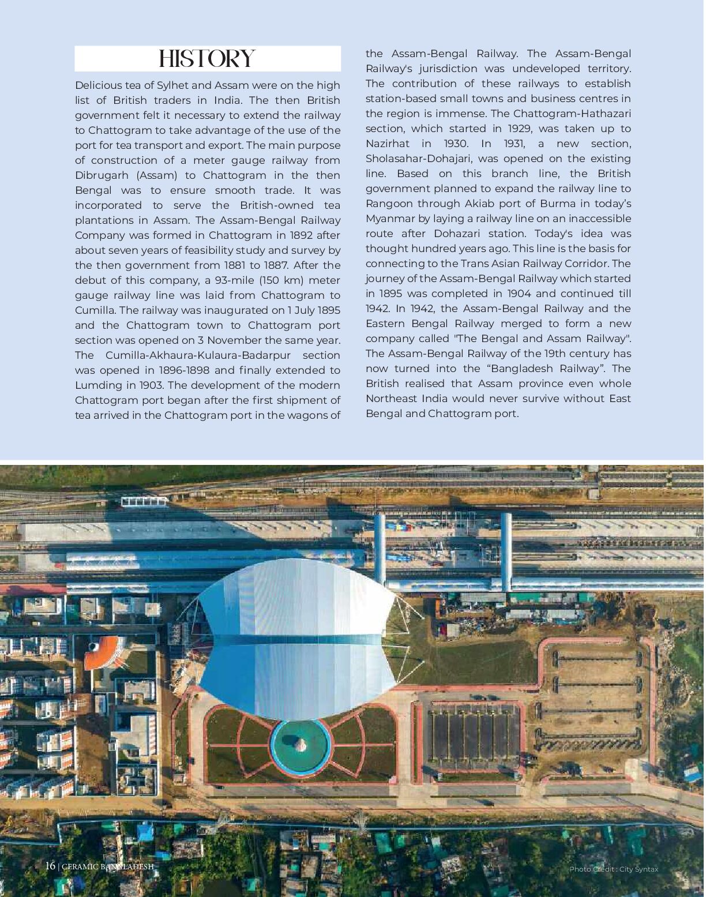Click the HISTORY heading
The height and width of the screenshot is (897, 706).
point(207,59)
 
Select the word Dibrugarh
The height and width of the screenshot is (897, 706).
point(97,175)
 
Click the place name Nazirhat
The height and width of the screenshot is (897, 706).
point(388,144)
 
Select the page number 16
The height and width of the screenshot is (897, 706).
point(50,866)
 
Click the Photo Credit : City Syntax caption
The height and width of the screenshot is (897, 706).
point(613,869)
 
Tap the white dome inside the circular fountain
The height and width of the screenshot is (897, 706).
point(301,744)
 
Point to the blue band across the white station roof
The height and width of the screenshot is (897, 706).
point(297,640)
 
